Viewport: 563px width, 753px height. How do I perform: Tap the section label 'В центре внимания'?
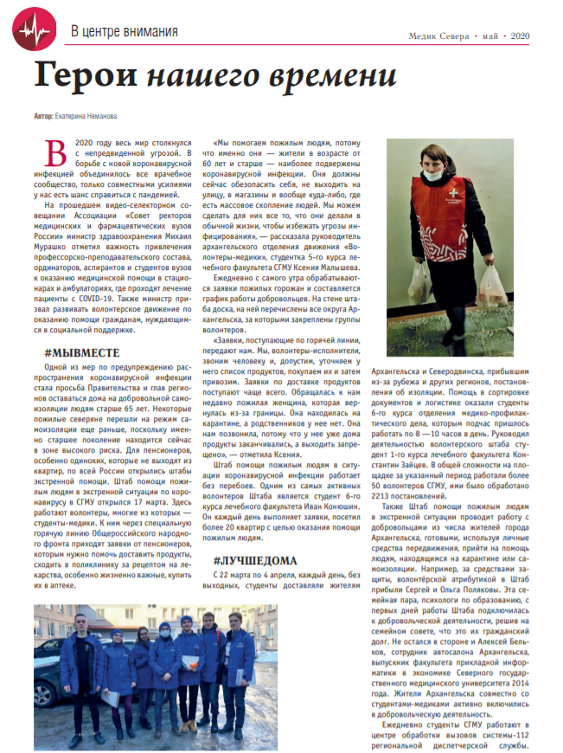(x=125, y=32)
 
